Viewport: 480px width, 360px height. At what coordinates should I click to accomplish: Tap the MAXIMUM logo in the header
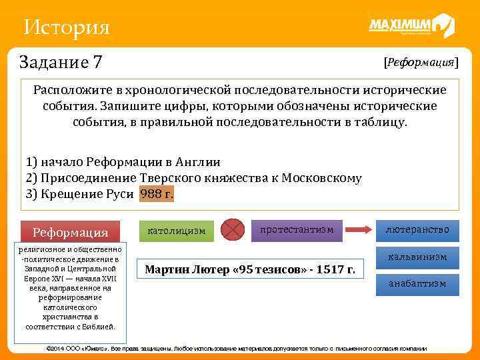click(411, 26)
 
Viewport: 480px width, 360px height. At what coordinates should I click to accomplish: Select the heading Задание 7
click(61, 62)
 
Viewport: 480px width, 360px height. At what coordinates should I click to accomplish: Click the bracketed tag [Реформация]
click(421, 62)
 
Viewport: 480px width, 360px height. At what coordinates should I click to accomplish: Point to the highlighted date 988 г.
click(157, 194)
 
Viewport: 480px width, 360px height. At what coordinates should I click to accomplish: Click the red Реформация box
click(71, 232)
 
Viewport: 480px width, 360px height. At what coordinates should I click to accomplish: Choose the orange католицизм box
click(176, 231)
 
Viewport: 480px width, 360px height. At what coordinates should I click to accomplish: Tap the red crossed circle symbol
click(233, 229)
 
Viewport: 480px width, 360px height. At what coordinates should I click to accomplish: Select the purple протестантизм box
click(297, 229)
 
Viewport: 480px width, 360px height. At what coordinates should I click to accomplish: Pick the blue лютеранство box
click(417, 230)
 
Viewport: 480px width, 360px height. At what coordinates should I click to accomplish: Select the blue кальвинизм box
click(417, 257)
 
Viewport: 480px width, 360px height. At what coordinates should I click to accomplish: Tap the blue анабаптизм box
click(417, 283)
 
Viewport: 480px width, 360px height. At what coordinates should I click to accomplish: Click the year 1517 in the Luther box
click(331, 270)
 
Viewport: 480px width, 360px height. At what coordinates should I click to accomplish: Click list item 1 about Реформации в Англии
click(123, 162)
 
